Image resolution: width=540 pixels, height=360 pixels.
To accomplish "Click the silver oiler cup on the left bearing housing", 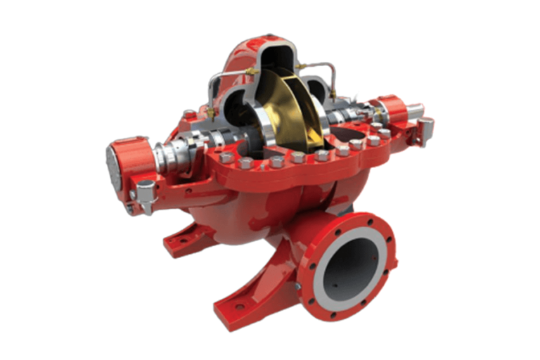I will [146, 192].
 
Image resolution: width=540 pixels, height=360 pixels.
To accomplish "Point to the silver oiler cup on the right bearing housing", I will [425, 129].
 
